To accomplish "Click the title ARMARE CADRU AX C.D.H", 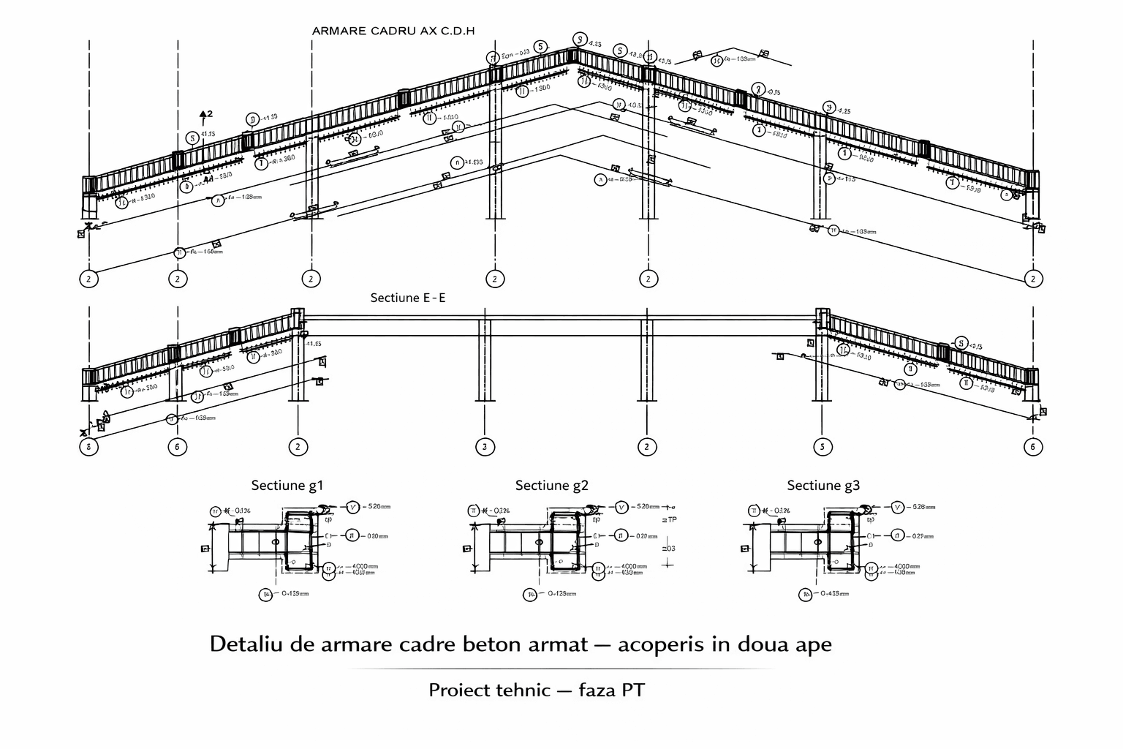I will (393, 31).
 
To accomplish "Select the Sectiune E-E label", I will (407, 298).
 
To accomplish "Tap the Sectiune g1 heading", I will (287, 485).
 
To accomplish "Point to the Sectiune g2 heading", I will (551, 485).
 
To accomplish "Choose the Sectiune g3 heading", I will (823, 485).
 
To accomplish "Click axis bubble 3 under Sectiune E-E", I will (485, 447).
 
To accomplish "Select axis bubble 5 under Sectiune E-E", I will (823, 447).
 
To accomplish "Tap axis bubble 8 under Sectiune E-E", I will (88, 447).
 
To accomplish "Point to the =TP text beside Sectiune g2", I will (669, 520).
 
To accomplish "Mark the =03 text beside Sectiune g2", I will (668, 549).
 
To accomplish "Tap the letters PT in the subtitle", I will (632, 690).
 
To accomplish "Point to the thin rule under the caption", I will (561, 669).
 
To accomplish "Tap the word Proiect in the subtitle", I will (459, 690).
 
